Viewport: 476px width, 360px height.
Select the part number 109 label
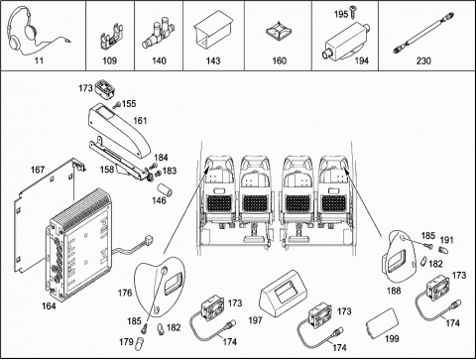coord(109,60)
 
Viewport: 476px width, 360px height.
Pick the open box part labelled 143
coord(212,32)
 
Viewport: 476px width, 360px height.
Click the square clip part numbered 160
coord(279,32)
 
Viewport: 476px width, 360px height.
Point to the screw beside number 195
coord(352,13)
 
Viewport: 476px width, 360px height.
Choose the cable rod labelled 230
coord(423,33)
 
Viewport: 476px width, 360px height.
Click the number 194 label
coord(362,60)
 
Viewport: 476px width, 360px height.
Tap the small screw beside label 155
coord(117,105)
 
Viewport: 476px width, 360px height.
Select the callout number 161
coord(140,121)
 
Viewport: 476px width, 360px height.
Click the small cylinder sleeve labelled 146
coord(166,190)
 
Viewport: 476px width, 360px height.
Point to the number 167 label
coord(38,170)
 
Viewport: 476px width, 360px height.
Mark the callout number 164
coord(49,306)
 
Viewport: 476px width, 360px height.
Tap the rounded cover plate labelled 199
coord(382,323)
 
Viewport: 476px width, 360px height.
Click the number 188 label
coord(394,291)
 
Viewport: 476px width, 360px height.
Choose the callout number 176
coord(125,293)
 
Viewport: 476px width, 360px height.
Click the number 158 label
coord(107,170)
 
